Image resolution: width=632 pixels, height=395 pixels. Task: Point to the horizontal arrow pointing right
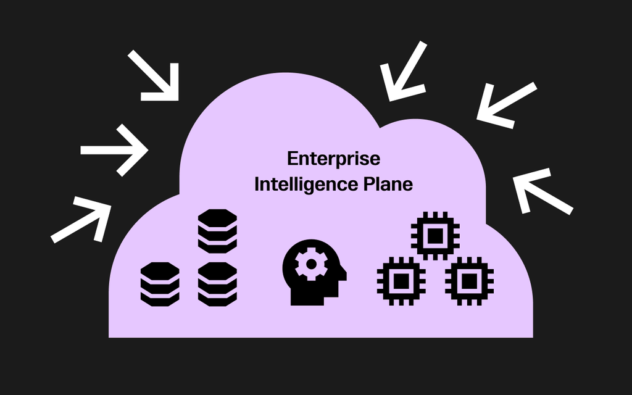pos(115,150)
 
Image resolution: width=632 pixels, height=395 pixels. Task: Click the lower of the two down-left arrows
pos(506,105)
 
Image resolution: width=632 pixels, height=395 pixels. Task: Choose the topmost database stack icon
pos(217,231)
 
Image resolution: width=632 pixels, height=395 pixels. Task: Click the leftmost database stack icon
pos(160,283)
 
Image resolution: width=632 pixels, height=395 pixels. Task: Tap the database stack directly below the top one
pos(217,283)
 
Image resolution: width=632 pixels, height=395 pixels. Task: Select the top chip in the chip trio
pos(435,235)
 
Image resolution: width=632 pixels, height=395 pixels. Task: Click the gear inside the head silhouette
pos(310,265)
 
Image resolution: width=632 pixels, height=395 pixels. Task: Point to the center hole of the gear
pos(310,265)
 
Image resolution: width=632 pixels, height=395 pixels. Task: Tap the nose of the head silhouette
pos(343,274)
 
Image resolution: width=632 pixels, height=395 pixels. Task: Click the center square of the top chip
pos(435,235)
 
